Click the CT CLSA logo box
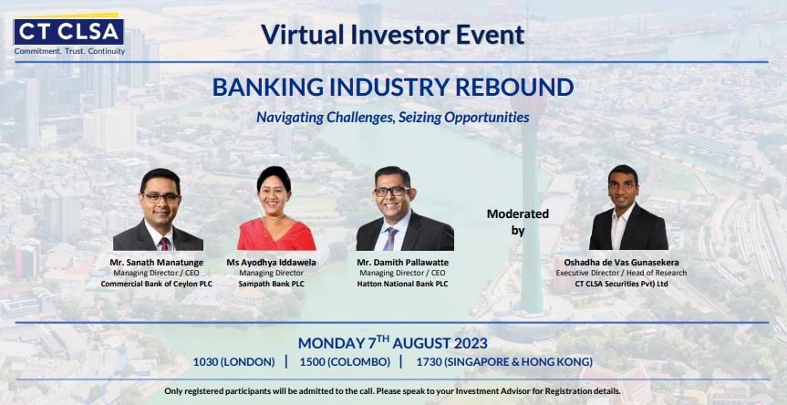(68, 32)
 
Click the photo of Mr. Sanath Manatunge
(159, 209)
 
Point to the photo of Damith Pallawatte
(404, 208)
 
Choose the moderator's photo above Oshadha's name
(628, 207)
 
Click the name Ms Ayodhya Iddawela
(271, 263)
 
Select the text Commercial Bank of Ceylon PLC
(157, 284)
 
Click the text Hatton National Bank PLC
(402, 284)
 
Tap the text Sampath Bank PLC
(272, 284)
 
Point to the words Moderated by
(518, 223)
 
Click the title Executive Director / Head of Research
(621, 273)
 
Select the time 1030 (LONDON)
(233, 362)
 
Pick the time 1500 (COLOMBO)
(345, 362)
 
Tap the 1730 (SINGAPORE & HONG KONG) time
(504, 362)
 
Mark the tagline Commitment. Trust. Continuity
(69, 51)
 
